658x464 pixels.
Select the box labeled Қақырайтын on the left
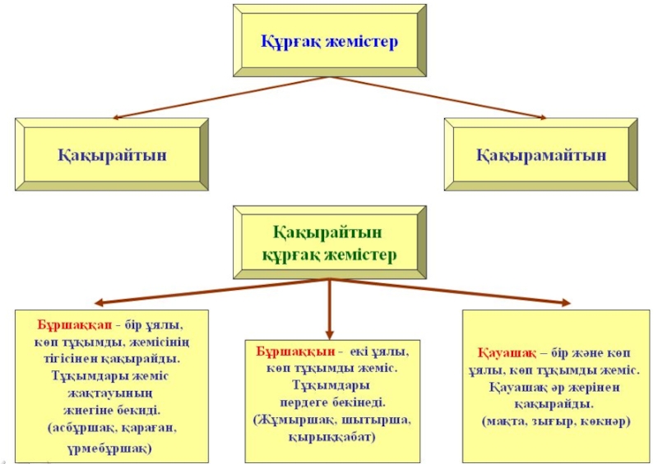tap(112, 154)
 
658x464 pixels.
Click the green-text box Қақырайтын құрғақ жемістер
tap(329, 245)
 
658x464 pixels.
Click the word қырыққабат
tap(331, 437)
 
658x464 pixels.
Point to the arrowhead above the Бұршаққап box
tap(97, 303)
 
